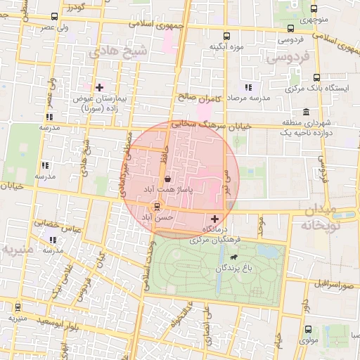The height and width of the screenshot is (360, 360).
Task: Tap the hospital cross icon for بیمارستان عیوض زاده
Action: coord(99,88)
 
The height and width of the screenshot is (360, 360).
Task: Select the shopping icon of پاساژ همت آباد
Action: coord(167,181)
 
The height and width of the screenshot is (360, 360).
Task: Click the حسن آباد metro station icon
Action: coord(156,207)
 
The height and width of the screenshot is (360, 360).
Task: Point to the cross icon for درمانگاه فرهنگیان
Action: coord(214,219)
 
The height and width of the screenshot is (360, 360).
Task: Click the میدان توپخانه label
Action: coord(331,218)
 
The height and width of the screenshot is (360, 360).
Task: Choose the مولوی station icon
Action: coord(309,328)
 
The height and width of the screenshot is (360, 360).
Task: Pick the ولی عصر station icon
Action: coord(56,17)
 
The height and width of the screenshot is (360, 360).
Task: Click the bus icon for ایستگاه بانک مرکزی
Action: coord(316,78)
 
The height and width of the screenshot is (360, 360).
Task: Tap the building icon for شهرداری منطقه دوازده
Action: coord(306,112)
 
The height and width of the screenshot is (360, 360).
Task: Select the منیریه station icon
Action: coord(17,307)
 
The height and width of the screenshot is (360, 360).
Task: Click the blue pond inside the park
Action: coord(267,251)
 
